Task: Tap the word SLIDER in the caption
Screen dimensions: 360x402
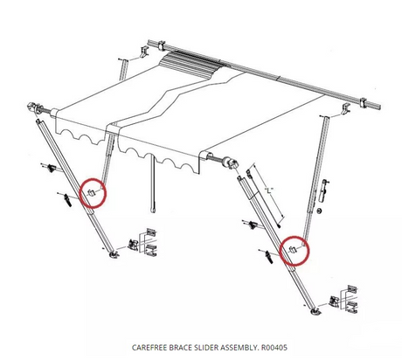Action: [x=208, y=346]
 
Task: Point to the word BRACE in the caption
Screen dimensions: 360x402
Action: [x=184, y=346]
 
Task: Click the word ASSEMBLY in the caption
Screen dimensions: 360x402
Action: [x=237, y=346]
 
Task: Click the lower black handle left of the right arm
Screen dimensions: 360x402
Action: [x=266, y=256]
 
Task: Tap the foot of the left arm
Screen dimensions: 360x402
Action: [x=114, y=256]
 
